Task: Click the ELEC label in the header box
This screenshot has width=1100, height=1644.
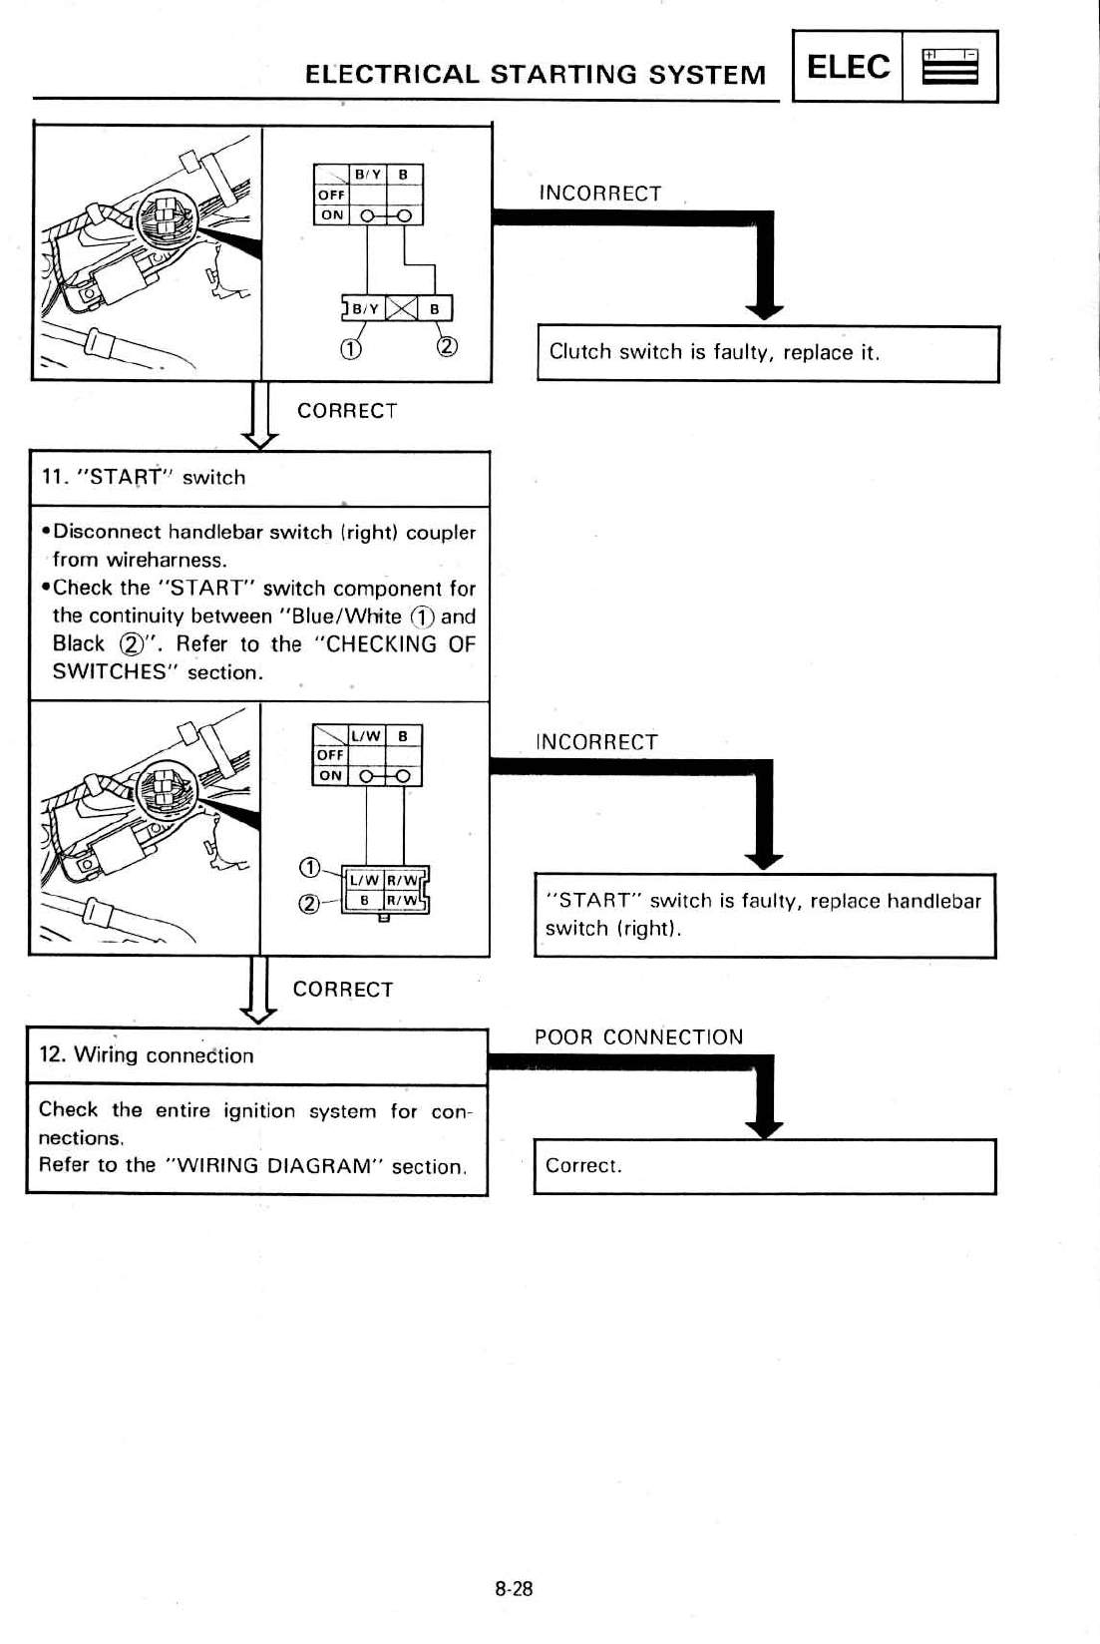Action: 848,67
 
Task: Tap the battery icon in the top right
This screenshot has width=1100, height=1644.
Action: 949,67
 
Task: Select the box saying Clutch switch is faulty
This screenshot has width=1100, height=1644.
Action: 767,353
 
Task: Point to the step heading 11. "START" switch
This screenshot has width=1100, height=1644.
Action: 143,478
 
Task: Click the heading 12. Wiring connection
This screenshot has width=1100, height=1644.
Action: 146,1055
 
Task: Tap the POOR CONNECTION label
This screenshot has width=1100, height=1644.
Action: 638,1037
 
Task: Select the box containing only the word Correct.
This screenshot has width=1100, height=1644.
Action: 764,1166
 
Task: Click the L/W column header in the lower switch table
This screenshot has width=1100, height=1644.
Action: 366,736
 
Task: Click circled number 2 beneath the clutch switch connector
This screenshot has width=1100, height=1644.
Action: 447,347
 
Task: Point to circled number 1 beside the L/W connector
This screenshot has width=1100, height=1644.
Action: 310,866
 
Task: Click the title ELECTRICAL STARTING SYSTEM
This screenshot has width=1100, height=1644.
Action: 536,76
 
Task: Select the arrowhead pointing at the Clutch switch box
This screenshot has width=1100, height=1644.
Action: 765,310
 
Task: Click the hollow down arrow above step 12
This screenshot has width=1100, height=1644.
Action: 259,1010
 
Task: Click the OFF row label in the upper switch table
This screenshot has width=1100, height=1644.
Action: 330,196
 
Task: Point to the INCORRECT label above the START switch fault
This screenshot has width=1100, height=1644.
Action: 596,742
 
